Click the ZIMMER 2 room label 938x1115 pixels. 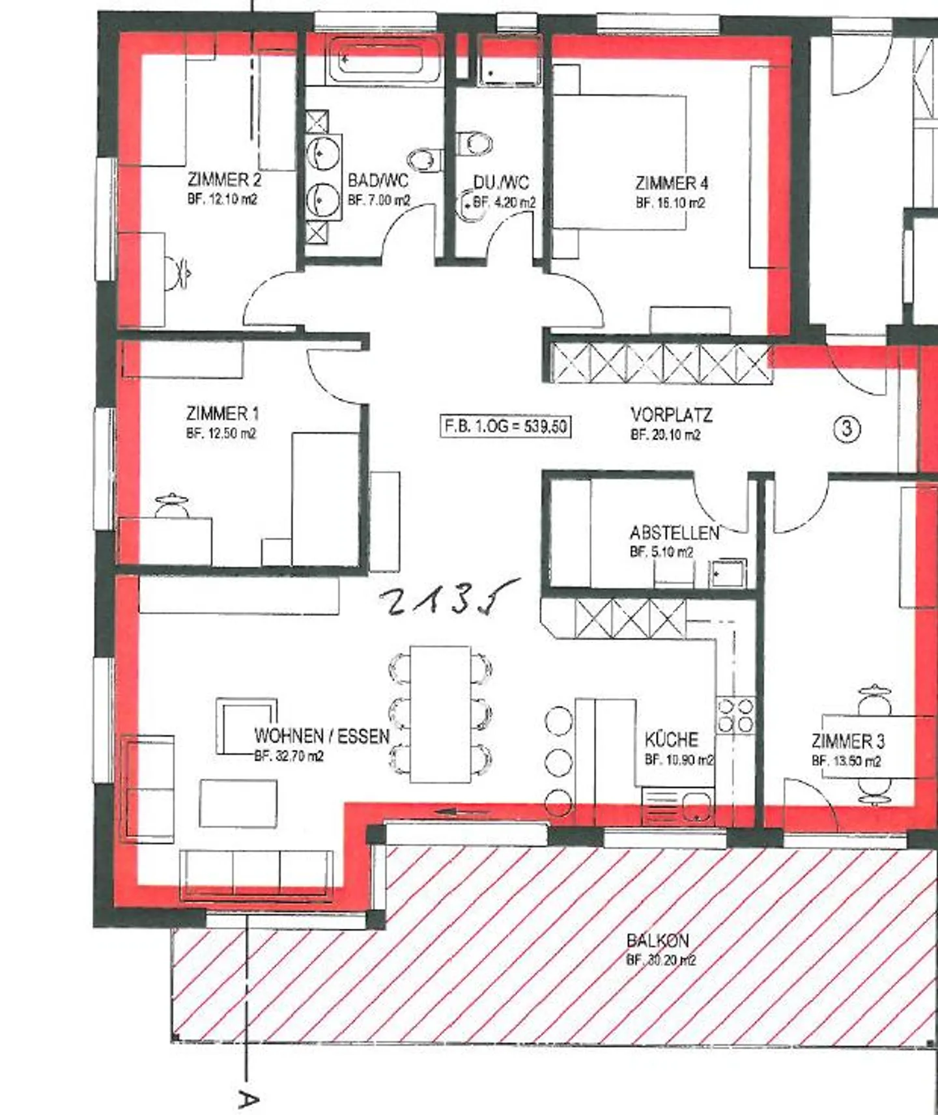pyautogui.click(x=224, y=179)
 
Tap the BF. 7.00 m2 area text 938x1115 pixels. pyautogui.click(x=379, y=200)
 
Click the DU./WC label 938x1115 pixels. pyautogui.click(x=500, y=182)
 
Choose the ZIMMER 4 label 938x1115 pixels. pyautogui.click(x=672, y=183)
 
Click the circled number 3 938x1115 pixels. pyautogui.click(x=847, y=428)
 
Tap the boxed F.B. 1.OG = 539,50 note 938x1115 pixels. pyautogui.click(x=505, y=427)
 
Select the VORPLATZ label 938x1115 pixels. pyautogui.click(x=671, y=415)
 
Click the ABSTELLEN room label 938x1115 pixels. pyautogui.click(x=674, y=533)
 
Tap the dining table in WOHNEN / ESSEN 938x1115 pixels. pyautogui.click(x=440, y=714)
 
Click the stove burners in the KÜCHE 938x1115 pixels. pyautogui.click(x=735, y=715)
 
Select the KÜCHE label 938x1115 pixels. pyautogui.click(x=671, y=739)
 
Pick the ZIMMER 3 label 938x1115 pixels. pyautogui.click(x=847, y=741)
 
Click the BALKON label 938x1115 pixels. pyautogui.click(x=657, y=940)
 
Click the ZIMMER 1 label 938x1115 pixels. pyautogui.click(x=222, y=414)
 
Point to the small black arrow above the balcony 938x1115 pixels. pyautogui.click(x=462, y=812)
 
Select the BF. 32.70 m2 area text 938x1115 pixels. pyautogui.click(x=289, y=756)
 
